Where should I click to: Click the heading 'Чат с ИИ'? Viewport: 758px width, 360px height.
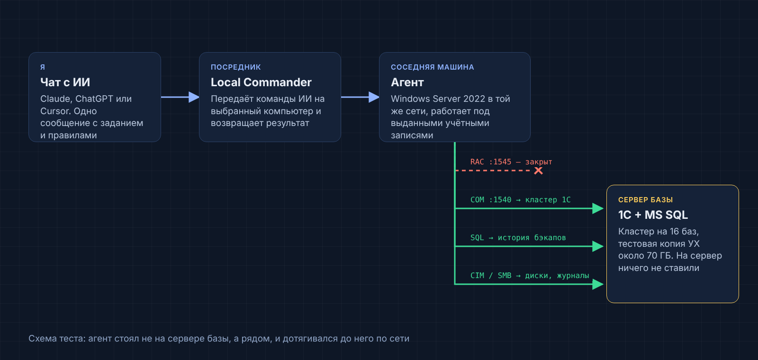(x=65, y=82)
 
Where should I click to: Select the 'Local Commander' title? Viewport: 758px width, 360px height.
(x=261, y=82)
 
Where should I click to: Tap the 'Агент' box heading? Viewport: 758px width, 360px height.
(x=407, y=82)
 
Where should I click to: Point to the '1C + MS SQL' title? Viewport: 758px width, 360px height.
(x=653, y=215)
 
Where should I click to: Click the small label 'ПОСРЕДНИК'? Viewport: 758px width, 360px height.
(x=236, y=67)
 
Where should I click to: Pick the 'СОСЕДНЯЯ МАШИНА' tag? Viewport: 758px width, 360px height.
(x=432, y=67)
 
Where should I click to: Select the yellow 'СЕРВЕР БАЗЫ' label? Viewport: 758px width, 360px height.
(x=645, y=200)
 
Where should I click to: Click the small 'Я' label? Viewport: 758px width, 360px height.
(x=43, y=67)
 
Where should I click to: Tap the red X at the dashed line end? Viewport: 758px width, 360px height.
(x=538, y=171)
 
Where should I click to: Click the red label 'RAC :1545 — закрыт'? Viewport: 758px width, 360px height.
(x=511, y=162)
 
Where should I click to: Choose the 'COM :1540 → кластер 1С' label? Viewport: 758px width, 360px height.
(x=521, y=199)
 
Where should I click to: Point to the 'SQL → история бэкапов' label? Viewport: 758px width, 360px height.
(x=518, y=237)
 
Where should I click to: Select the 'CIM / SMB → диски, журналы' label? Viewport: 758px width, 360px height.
(x=530, y=275)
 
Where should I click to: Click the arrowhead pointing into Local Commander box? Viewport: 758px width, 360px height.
(x=194, y=97)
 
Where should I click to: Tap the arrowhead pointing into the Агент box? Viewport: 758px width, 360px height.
(x=374, y=97)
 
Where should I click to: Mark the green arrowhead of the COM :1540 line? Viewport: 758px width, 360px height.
(x=598, y=208)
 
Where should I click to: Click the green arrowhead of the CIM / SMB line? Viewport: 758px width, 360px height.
(x=598, y=284)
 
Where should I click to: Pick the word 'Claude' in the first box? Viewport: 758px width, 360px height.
(x=56, y=99)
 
